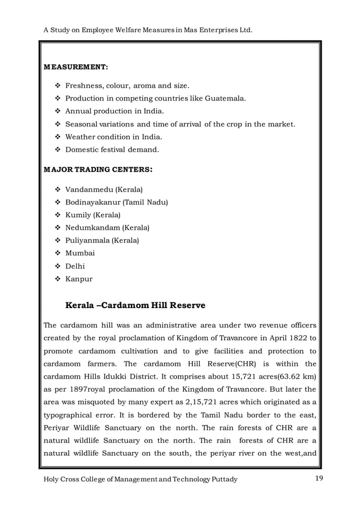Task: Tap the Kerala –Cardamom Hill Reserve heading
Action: [135, 305]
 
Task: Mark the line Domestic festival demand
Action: [112, 150]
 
